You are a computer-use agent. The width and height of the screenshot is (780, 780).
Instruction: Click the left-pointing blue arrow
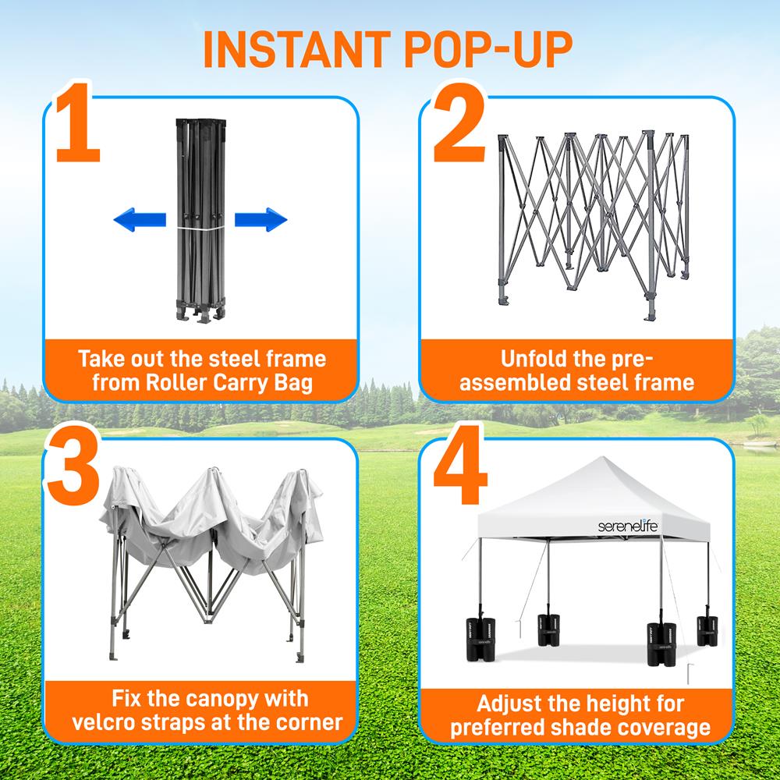coord(140,221)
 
